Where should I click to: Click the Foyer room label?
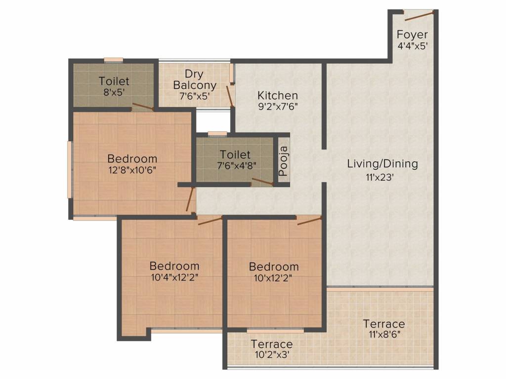(412, 35)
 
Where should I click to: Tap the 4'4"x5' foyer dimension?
(413, 46)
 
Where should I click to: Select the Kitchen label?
(278, 95)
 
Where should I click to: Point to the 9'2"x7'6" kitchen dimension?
(278, 107)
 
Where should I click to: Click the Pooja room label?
(283, 161)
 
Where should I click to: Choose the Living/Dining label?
(382, 164)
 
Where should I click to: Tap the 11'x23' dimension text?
(379, 177)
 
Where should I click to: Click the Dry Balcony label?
(195, 79)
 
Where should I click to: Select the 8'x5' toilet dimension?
(114, 92)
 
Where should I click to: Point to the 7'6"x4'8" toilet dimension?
(237, 166)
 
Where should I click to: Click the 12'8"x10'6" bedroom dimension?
(132, 170)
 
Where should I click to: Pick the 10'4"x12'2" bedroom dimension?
(174, 277)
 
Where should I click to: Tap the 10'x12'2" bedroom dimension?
(273, 278)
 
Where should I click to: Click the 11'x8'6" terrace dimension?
(384, 335)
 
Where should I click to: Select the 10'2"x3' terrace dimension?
(272, 355)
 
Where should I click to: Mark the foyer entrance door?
(419, 16)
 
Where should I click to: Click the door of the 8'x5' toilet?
(143, 107)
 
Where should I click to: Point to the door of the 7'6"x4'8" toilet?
(262, 182)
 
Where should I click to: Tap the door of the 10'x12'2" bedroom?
(309, 221)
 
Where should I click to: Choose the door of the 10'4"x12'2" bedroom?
(210, 221)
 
